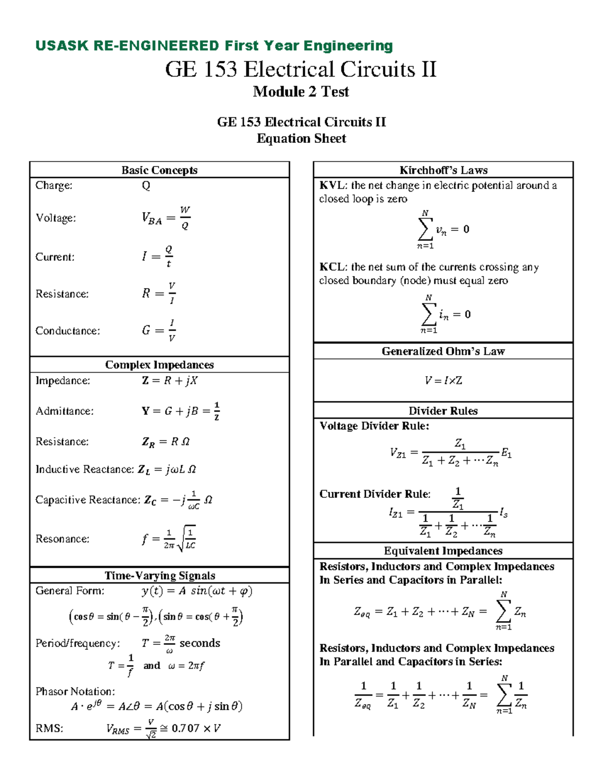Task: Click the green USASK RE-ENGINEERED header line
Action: coord(214,46)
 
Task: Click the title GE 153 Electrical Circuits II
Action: coord(300,69)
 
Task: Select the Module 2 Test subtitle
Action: coord(300,92)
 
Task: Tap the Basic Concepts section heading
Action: coord(159,170)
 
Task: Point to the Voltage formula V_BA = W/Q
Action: coord(166,218)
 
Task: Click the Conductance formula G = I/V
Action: coord(159,330)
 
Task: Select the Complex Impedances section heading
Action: coord(159,365)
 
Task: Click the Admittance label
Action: coord(64,411)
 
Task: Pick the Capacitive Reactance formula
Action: coord(178,500)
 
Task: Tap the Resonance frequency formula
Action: coord(169,539)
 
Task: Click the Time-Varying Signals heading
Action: coord(159,575)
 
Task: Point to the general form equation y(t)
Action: coord(196,591)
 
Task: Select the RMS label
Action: coord(49,728)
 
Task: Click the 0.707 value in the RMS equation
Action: coord(186,728)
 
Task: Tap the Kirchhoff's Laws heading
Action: coord(443,170)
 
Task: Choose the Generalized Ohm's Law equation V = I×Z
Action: coord(443,381)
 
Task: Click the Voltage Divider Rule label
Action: coord(374,426)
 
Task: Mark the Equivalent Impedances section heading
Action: coord(443,551)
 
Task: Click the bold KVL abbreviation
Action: coord(332,186)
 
